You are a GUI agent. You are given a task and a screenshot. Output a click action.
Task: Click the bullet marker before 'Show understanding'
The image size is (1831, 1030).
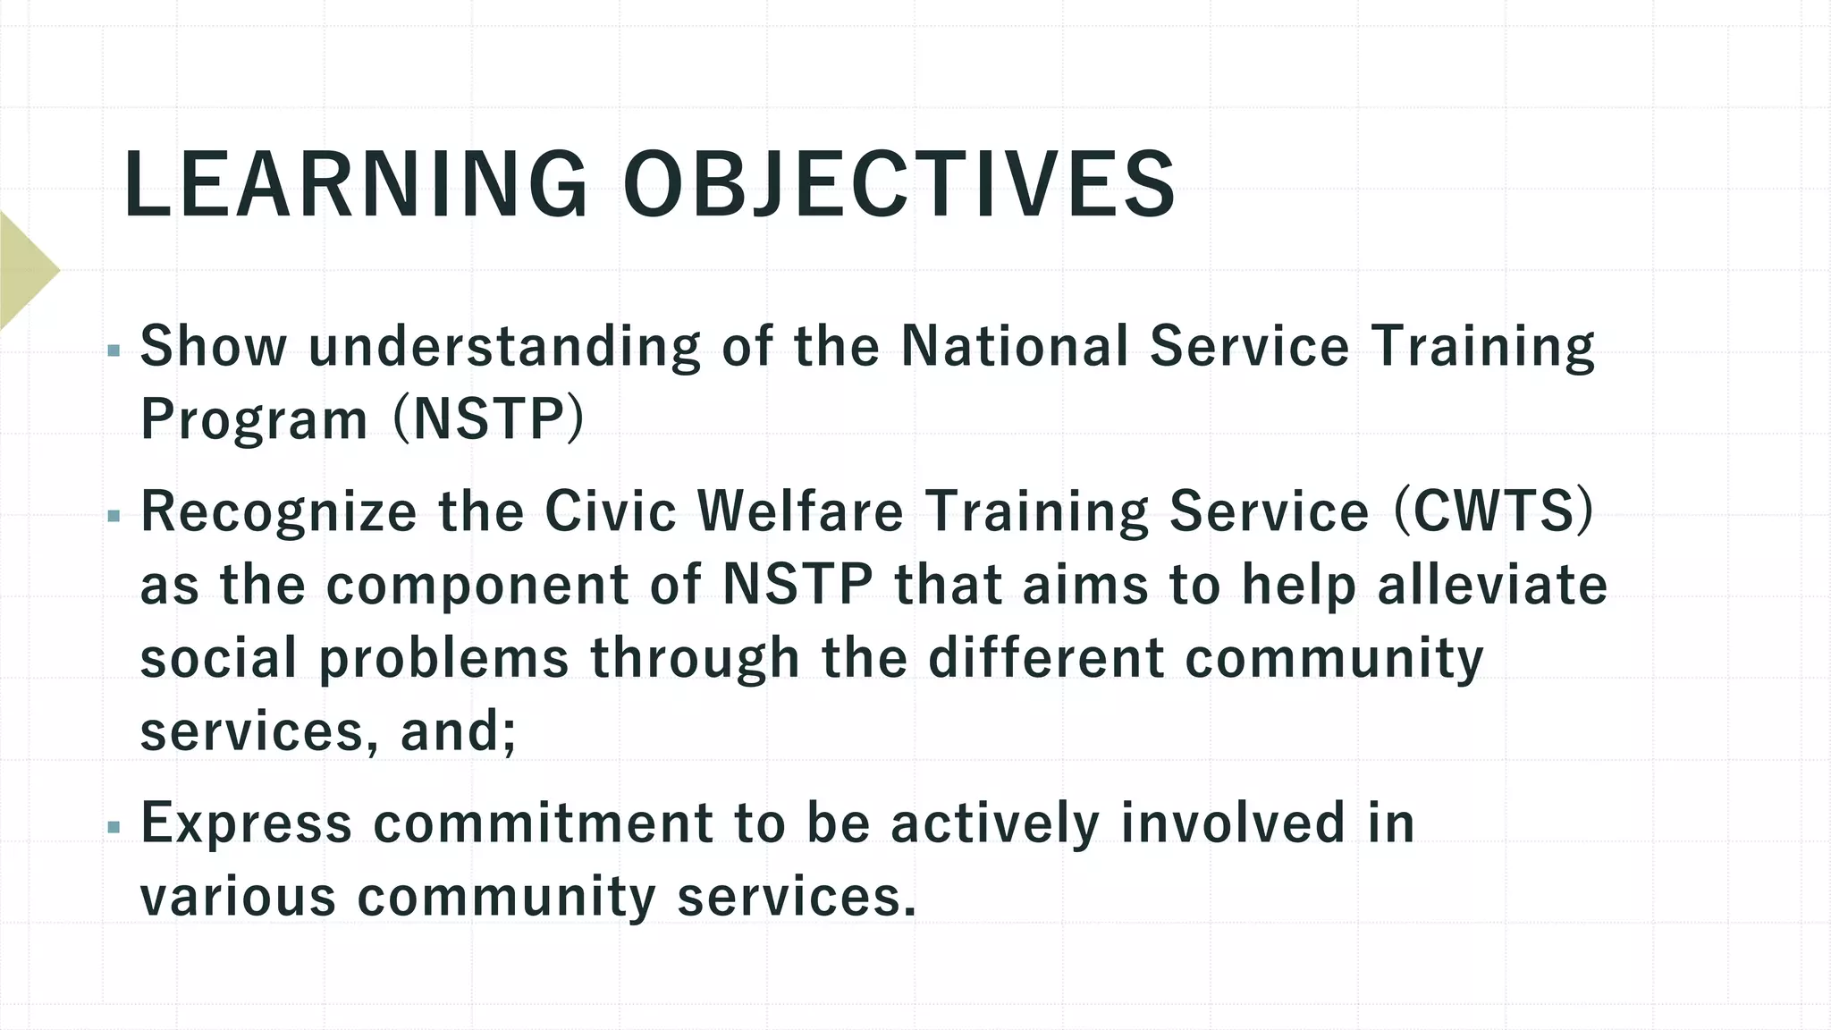[x=113, y=351]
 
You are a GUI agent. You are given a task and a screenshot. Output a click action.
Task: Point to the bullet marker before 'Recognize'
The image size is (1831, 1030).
[x=113, y=516]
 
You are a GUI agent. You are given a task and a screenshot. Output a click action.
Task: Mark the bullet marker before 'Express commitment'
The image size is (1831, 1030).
[x=113, y=827]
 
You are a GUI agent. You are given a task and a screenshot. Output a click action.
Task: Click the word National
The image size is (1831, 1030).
[x=1014, y=346]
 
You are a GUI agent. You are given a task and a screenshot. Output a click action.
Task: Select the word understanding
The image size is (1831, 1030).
[x=504, y=348]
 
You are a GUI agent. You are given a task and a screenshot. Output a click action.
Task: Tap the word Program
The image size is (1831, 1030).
[x=254, y=419]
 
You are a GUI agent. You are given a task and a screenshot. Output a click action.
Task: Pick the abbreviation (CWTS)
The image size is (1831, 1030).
[x=1493, y=511]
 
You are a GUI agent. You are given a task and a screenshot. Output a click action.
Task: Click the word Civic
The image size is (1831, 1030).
[x=610, y=511]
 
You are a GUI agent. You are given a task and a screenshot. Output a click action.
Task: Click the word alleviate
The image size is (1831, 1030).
[x=1492, y=586]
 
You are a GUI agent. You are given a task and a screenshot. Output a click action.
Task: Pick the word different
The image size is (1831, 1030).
[x=1046, y=659]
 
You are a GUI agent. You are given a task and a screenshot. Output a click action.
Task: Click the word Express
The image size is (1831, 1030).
[x=246, y=823]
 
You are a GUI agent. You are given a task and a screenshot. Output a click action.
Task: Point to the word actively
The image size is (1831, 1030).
[x=995, y=823]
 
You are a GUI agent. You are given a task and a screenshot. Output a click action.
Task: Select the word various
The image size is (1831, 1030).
[x=238, y=897]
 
